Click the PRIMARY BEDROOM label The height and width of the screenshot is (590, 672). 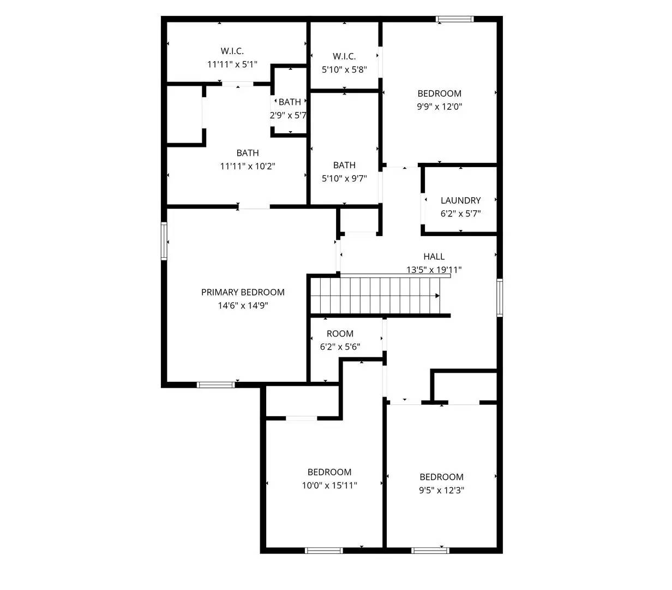[x=243, y=292]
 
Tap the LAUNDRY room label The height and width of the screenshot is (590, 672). [x=460, y=200]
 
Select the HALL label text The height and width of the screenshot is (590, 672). [x=434, y=256]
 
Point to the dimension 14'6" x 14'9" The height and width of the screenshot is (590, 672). [x=243, y=306]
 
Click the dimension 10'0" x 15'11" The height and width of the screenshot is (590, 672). [x=329, y=485]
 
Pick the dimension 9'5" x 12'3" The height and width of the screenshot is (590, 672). [x=441, y=490]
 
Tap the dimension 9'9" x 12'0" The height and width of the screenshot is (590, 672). [x=439, y=107]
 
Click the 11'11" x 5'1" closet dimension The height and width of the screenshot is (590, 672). [x=232, y=64]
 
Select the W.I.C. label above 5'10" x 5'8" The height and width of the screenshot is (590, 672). [x=344, y=56]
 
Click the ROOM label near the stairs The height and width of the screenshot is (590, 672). [x=340, y=334]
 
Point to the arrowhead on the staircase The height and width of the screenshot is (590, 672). [x=437, y=296]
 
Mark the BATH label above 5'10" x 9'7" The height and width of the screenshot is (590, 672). [x=344, y=165]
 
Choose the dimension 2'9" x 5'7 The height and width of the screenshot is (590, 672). [x=288, y=115]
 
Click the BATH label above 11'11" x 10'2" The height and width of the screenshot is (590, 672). [x=248, y=153]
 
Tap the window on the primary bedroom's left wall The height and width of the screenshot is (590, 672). [x=164, y=241]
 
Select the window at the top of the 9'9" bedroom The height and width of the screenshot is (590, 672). [x=454, y=19]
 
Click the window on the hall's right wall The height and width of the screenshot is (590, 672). [x=499, y=298]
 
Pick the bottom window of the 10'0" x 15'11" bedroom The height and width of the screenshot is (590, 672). [x=323, y=550]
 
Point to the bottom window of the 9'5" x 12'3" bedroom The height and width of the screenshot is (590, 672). [x=430, y=550]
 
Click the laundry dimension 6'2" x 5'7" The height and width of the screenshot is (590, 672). [x=460, y=214]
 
